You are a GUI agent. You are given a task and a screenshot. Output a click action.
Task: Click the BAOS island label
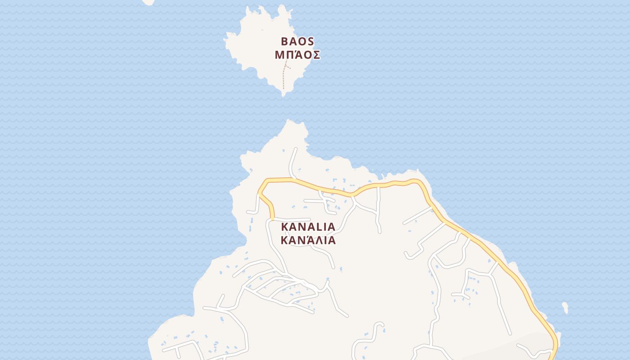(297, 41)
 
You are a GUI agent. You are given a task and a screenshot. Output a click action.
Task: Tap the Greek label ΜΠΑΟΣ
(297, 55)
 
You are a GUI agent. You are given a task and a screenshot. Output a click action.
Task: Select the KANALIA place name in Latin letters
(308, 226)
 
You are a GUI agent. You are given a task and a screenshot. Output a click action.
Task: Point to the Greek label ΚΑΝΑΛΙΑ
(308, 240)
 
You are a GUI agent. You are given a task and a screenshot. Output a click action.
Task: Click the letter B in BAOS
(284, 41)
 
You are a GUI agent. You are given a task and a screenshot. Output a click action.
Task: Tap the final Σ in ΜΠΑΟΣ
(316, 55)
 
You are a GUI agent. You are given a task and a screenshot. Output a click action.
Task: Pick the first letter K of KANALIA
(284, 226)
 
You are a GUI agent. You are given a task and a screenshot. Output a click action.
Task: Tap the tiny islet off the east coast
(565, 308)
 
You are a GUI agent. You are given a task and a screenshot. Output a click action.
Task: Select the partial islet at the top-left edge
(148, 2)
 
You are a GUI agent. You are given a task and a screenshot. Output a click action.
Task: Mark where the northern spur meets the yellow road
(294, 179)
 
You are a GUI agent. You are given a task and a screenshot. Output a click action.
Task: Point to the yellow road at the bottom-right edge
(554, 353)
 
